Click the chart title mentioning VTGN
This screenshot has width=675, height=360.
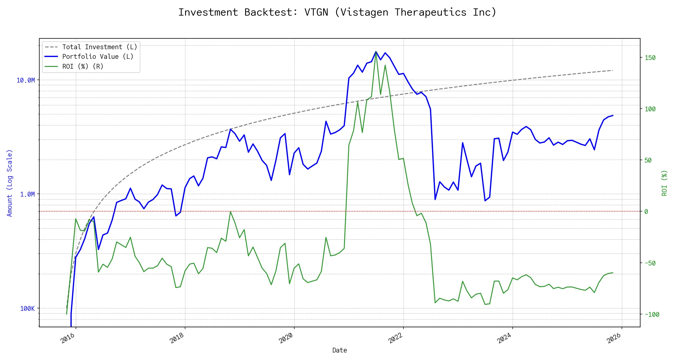[x=337, y=12]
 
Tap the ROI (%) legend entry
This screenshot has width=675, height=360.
[x=83, y=67]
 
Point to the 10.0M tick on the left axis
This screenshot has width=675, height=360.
[x=26, y=80]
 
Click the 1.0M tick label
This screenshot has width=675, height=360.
[x=27, y=194]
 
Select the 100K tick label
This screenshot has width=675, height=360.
[x=27, y=309]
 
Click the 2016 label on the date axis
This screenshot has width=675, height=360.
[x=68, y=338]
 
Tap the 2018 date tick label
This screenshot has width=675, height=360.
[x=177, y=338]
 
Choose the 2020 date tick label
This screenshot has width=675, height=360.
[x=286, y=338]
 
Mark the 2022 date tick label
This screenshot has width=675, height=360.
[x=395, y=338]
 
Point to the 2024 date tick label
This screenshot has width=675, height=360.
[x=505, y=338]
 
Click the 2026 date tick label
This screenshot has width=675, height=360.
[x=614, y=338]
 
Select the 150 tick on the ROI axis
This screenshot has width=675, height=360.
[x=650, y=58]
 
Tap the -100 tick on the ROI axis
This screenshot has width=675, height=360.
[x=652, y=315]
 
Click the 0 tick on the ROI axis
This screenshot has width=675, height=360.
[x=646, y=212]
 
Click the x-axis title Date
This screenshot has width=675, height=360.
[x=340, y=350]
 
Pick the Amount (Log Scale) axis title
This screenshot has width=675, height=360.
[x=10, y=183]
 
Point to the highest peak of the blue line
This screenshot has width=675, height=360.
[x=376, y=52]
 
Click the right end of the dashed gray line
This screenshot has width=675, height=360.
[x=613, y=70]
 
